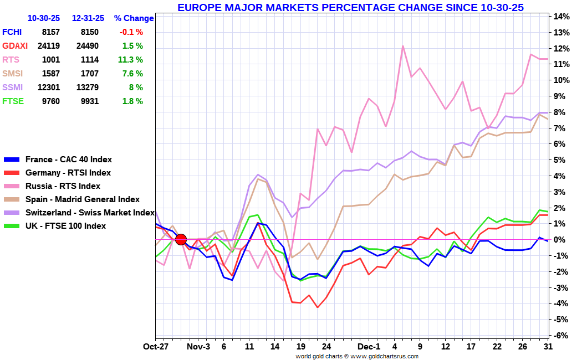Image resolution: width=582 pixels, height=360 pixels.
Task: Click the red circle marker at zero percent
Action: (x=181, y=239)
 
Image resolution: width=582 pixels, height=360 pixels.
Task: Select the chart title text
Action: (x=350, y=7)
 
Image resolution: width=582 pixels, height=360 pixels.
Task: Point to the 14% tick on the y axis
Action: (x=560, y=17)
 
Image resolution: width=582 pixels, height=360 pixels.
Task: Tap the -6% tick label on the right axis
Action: (x=560, y=336)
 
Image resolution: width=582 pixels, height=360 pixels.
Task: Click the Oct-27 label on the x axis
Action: (x=156, y=346)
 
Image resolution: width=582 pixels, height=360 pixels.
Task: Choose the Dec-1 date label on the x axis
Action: (x=369, y=346)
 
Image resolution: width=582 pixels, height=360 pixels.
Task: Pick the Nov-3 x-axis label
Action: (x=198, y=346)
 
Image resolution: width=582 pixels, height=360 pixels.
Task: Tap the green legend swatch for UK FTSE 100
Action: (x=12, y=226)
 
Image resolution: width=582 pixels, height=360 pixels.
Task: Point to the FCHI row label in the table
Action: (x=12, y=32)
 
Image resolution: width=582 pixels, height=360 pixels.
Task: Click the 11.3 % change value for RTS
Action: (x=131, y=60)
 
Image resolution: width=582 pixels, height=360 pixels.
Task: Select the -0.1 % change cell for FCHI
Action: (x=132, y=32)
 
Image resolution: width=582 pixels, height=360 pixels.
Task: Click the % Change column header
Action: (x=134, y=18)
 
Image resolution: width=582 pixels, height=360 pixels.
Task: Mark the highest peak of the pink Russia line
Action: (x=403, y=46)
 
